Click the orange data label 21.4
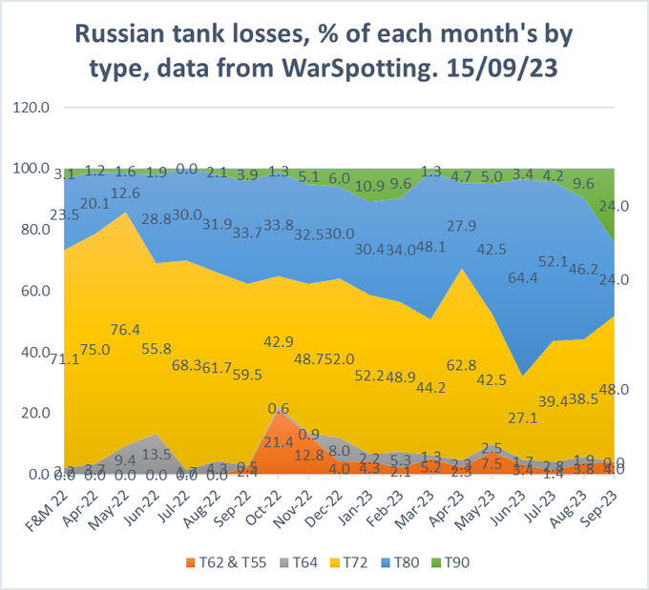point(278,443)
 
